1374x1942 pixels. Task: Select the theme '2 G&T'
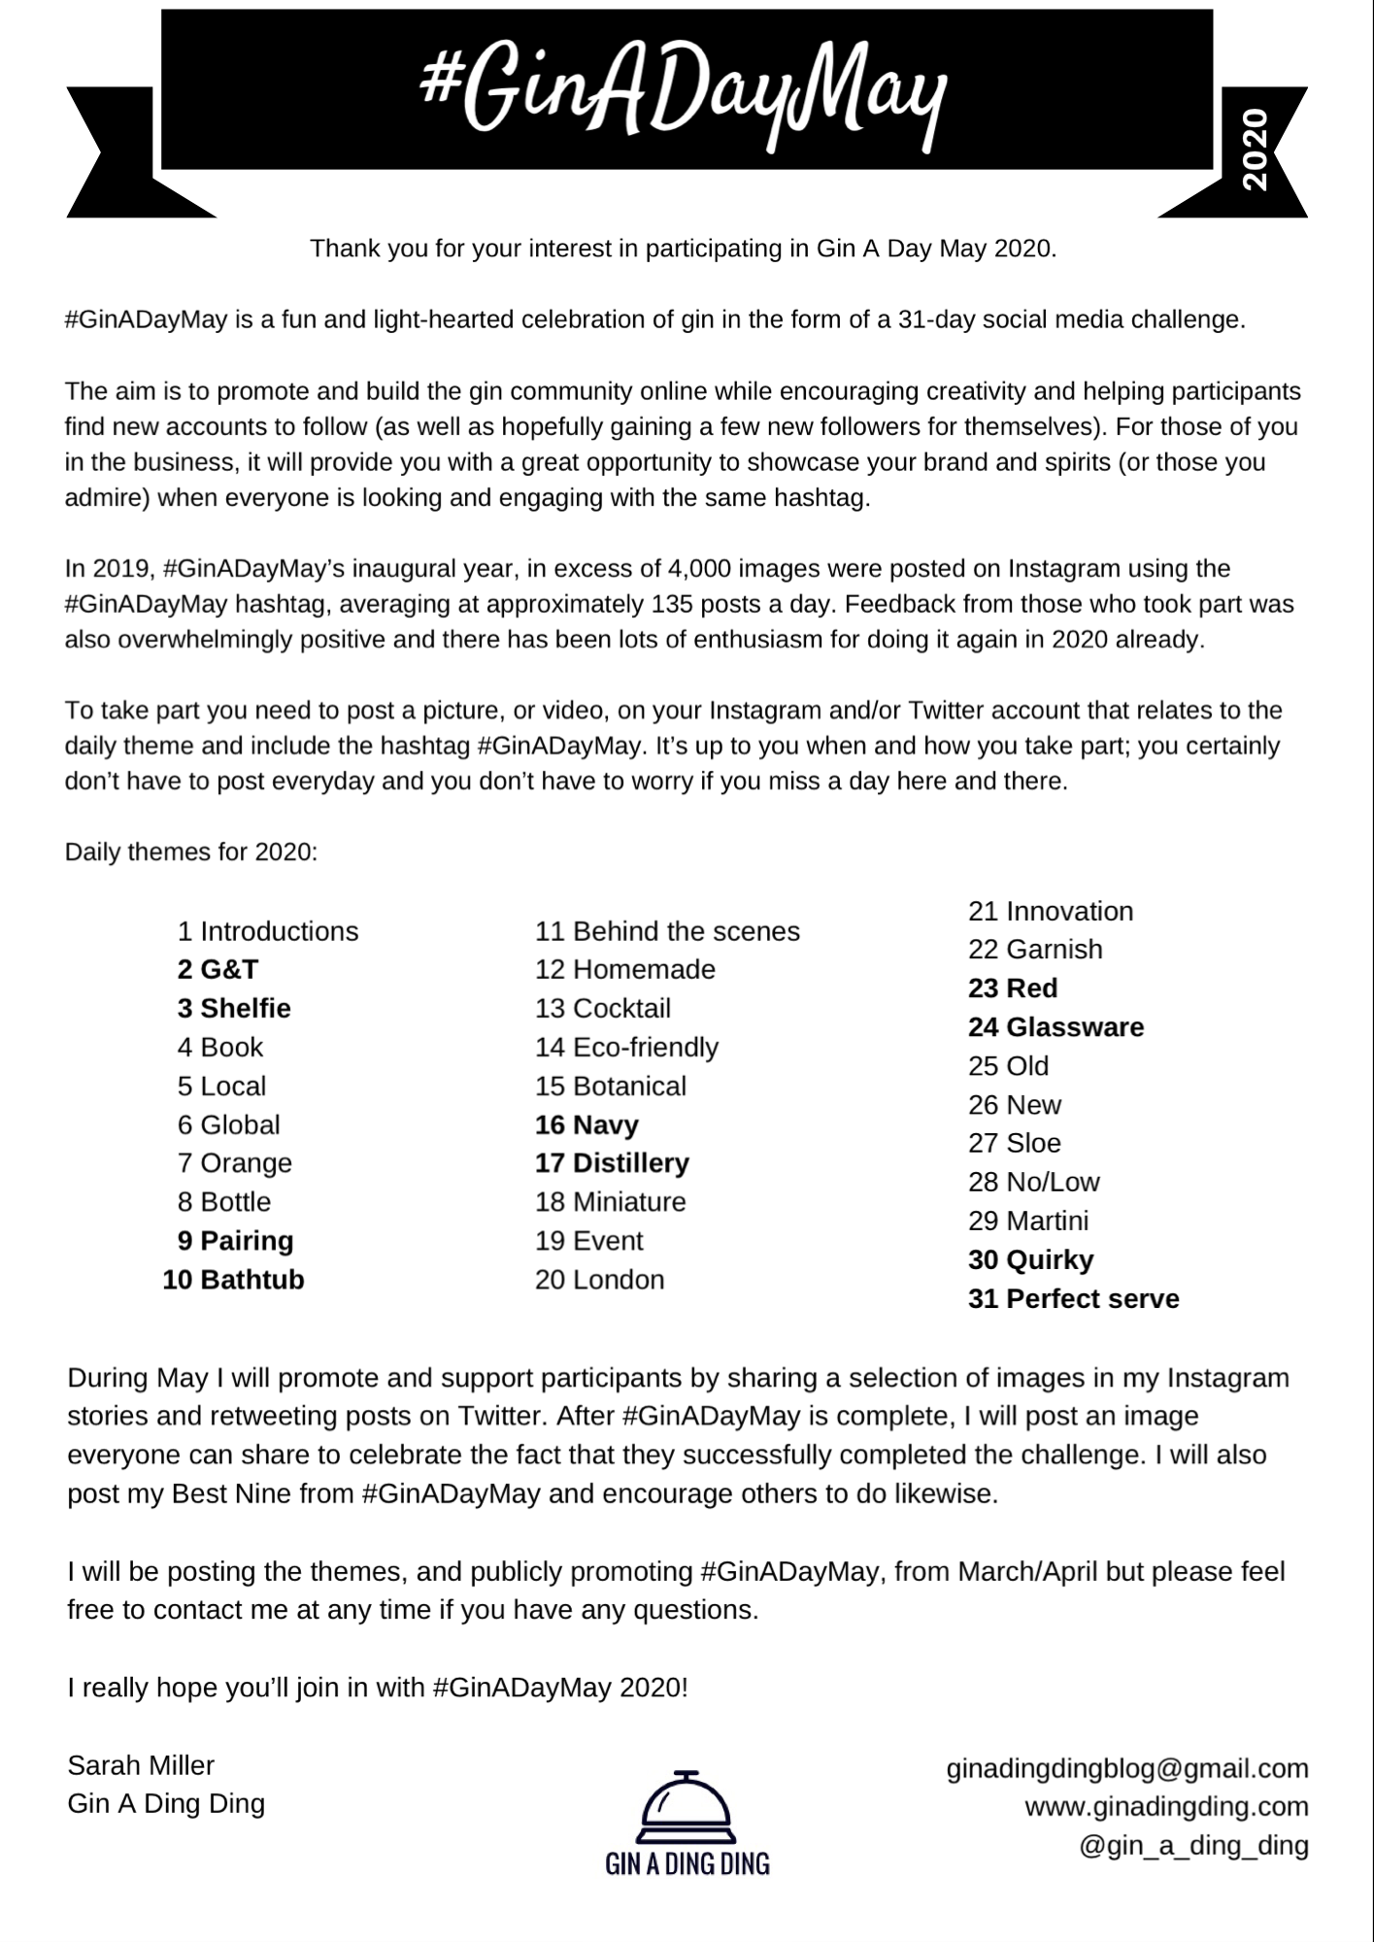click(218, 969)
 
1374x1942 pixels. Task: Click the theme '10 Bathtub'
click(233, 1280)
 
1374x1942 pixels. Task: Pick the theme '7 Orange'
click(234, 1163)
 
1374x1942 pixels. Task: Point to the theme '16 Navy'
click(586, 1124)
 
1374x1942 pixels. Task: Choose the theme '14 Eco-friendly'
click(626, 1047)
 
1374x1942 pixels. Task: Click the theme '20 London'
click(599, 1280)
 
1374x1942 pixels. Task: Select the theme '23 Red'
click(1012, 988)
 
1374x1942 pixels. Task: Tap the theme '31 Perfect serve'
click(1073, 1299)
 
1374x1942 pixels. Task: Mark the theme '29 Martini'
click(1027, 1221)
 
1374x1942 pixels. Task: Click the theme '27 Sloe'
click(1014, 1143)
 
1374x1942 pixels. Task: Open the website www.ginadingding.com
click(1166, 1807)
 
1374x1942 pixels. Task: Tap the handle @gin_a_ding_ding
click(1193, 1845)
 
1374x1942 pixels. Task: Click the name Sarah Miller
click(141, 1765)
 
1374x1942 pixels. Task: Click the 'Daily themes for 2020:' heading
click(191, 853)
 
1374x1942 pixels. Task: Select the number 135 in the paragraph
click(664, 604)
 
